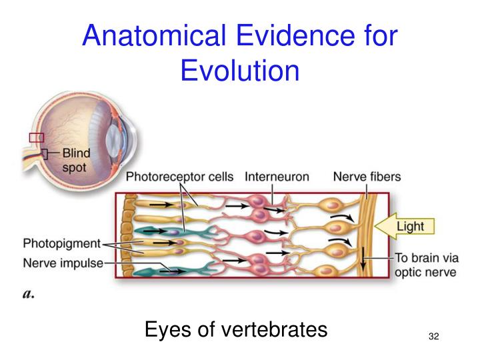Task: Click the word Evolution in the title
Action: click(x=240, y=71)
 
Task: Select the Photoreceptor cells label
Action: click(x=180, y=177)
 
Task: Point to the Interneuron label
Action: click(x=277, y=177)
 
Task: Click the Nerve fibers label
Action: click(x=367, y=177)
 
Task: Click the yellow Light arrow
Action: click(x=403, y=227)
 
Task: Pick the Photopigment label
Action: click(x=61, y=243)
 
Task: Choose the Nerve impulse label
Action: click(x=63, y=263)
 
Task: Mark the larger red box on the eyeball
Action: click(x=37, y=137)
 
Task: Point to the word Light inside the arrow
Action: click(x=410, y=227)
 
